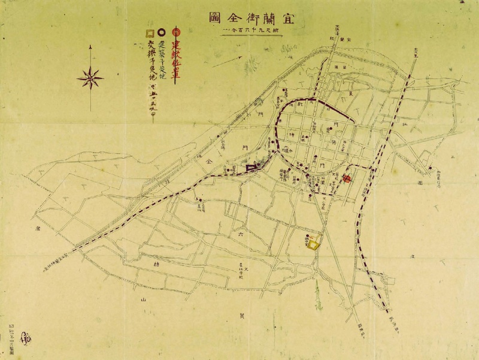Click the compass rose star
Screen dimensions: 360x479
[x=90, y=77]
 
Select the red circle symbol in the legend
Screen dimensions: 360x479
[x=175, y=31]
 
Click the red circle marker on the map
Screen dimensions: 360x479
[x=347, y=179]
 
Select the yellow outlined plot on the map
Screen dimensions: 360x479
[x=313, y=243]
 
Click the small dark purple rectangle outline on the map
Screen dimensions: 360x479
[x=251, y=168]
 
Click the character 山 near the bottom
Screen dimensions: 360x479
[x=143, y=298]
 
